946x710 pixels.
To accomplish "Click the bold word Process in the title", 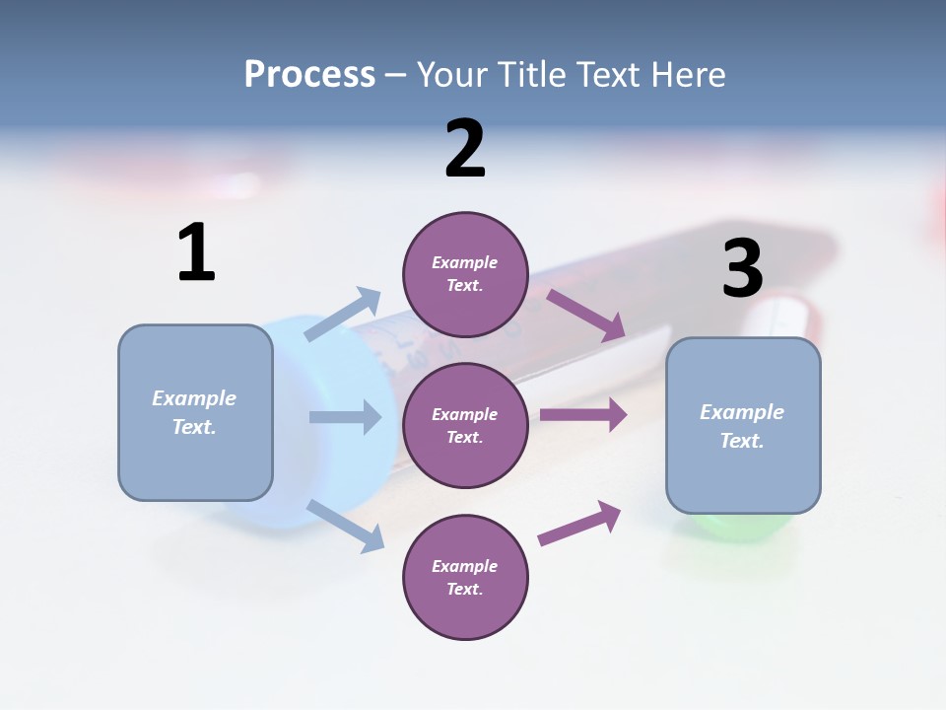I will (309, 75).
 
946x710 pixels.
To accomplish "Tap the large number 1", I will (196, 252).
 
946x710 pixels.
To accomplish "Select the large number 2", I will (465, 149).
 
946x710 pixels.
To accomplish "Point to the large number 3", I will (742, 268).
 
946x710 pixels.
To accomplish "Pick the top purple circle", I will (465, 274).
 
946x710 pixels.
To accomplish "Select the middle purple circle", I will (465, 425).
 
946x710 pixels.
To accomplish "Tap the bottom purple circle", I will (465, 577).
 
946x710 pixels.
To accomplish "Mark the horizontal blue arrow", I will (345, 417).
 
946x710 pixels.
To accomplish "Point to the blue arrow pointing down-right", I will (346, 526).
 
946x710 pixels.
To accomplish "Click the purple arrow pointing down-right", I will (586, 315).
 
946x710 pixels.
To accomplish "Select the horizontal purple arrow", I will (583, 415).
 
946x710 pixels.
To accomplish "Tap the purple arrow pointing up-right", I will (579, 523).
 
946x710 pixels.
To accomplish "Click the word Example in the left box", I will (194, 398).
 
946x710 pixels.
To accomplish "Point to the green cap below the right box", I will (743, 527).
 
